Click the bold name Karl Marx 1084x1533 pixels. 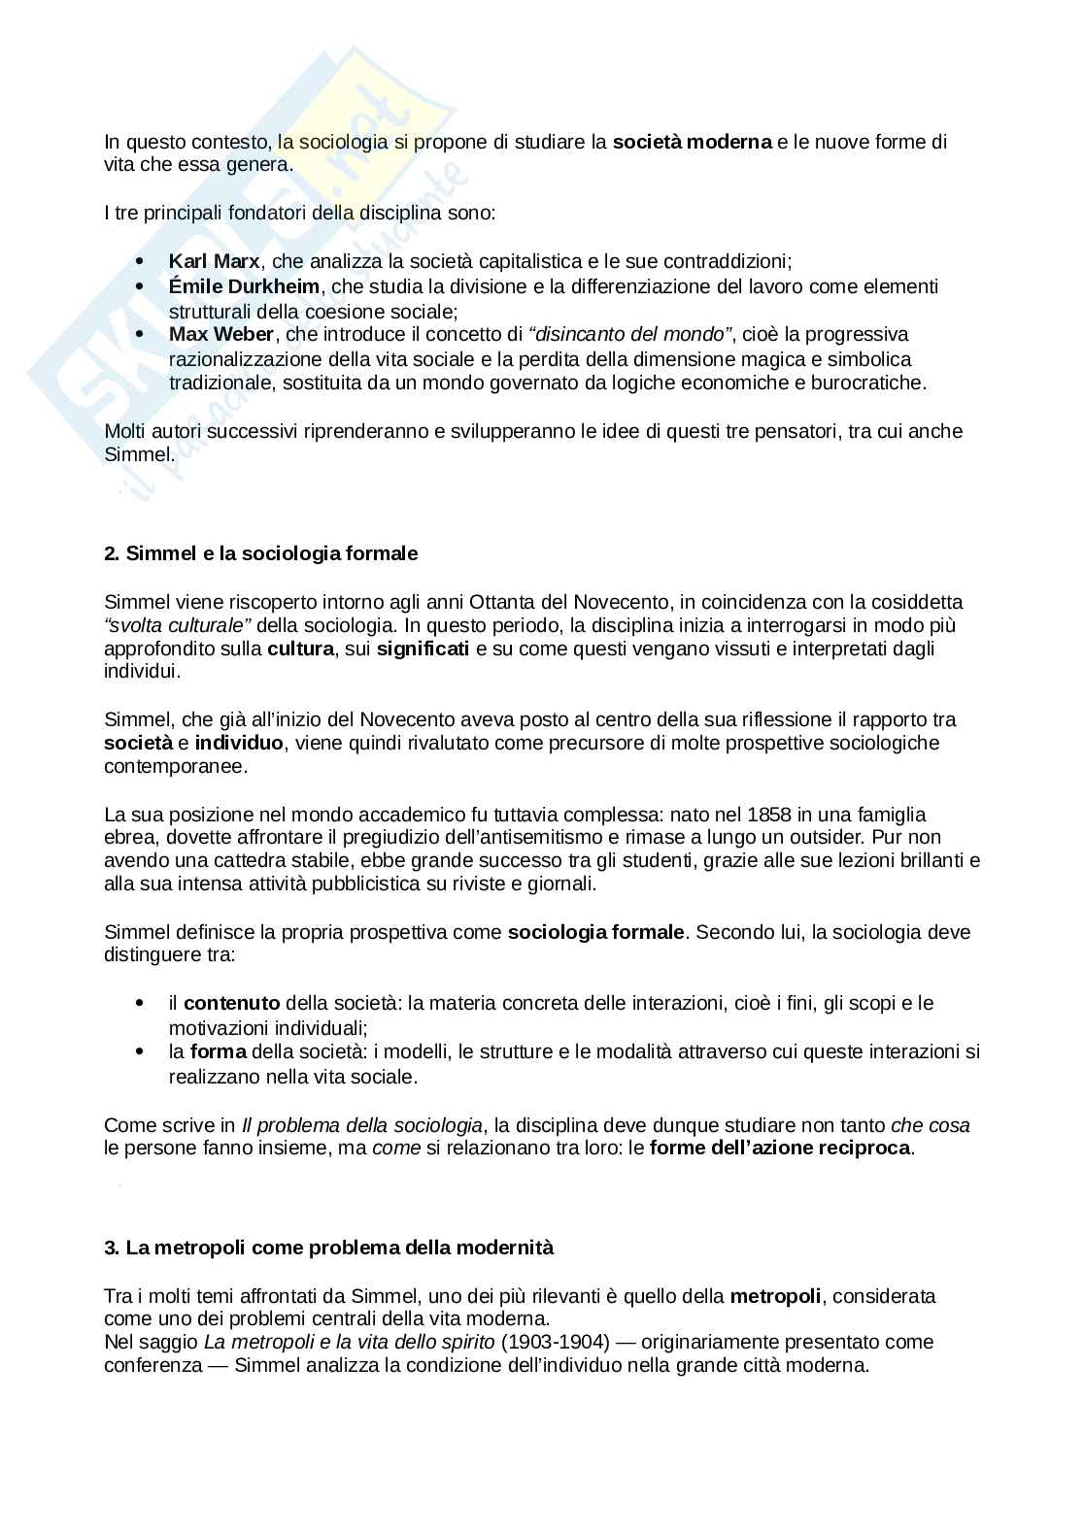(x=214, y=261)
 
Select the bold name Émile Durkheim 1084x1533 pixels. (x=244, y=286)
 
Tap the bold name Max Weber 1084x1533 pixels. (x=221, y=334)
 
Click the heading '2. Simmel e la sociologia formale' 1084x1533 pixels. (x=260, y=553)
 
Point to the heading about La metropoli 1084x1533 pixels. (x=328, y=1248)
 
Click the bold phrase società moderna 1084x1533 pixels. (x=692, y=142)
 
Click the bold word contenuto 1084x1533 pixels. (x=231, y=1003)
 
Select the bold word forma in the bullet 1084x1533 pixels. (x=218, y=1051)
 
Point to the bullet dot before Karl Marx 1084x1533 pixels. (x=142, y=262)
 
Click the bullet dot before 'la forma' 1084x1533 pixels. (x=142, y=1052)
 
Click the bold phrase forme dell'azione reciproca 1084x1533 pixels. (x=780, y=1149)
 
